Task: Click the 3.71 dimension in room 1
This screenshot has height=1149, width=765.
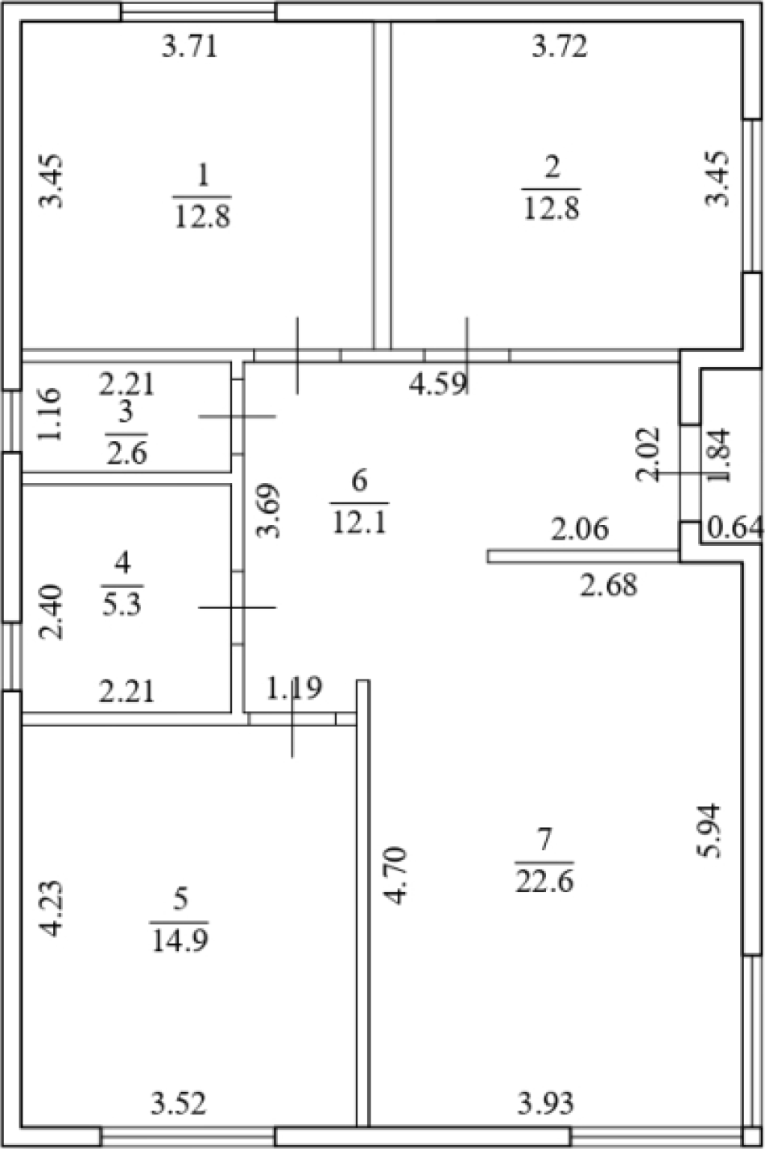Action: pyautogui.click(x=190, y=48)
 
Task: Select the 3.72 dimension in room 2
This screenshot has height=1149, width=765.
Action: pyautogui.click(x=560, y=48)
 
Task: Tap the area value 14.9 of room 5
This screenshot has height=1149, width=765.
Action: pyautogui.click(x=180, y=940)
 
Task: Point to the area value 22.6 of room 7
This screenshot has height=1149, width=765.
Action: pyautogui.click(x=544, y=883)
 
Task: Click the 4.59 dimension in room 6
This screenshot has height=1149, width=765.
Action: pyautogui.click(x=438, y=384)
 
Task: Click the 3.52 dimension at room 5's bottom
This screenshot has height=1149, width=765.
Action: pyautogui.click(x=179, y=1103)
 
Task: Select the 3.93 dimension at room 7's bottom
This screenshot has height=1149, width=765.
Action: pyautogui.click(x=546, y=1103)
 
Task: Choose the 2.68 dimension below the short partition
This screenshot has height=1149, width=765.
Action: pyautogui.click(x=609, y=585)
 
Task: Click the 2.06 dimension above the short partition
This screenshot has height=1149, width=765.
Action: pyautogui.click(x=580, y=530)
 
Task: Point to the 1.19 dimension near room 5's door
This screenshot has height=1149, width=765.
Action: pyautogui.click(x=295, y=688)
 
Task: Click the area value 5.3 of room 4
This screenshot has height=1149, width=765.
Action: pyautogui.click(x=122, y=604)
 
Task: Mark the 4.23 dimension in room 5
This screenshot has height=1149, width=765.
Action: pyautogui.click(x=52, y=908)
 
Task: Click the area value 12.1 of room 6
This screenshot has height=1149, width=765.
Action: pyautogui.click(x=358, y=523)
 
